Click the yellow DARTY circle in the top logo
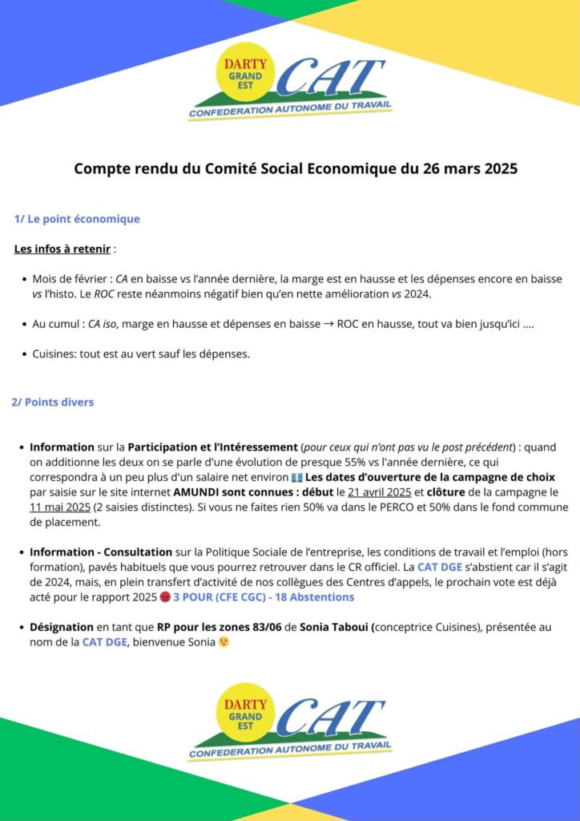tap(244, 75)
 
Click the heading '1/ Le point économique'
tap(77, 219)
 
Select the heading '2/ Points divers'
tap(52, 402)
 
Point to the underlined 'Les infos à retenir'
tap(62, 249)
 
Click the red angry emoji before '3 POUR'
tap(165, 597)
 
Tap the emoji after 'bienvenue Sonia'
tap(224, 641)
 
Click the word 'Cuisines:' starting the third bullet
tap(54, 354)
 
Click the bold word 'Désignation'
tap(62, 626)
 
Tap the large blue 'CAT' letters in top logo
tap(332, 79)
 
